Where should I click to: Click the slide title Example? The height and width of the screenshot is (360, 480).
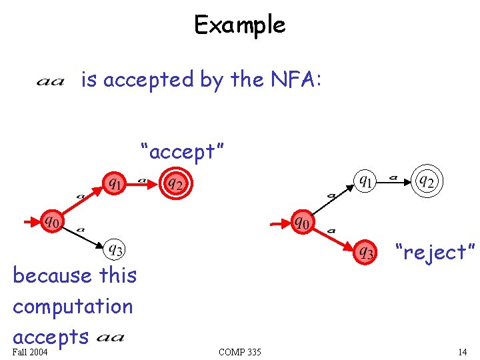[239, 25]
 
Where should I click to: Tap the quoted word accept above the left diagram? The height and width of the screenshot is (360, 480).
[181, 152]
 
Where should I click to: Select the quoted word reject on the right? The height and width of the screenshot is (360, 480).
[435, 253]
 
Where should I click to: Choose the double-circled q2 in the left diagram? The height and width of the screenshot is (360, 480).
[175, 182]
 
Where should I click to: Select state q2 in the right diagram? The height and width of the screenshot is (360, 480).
[427, 181]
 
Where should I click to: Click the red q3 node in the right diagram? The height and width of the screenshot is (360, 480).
[366, 252]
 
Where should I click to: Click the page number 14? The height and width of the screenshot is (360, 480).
[462, 352]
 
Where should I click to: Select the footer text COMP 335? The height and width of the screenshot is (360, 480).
[240, 352]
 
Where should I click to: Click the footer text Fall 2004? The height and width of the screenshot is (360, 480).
[30, 352]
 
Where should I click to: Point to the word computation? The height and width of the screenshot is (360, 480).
[73, 307]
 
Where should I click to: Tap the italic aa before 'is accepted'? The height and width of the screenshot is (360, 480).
[50, 82]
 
